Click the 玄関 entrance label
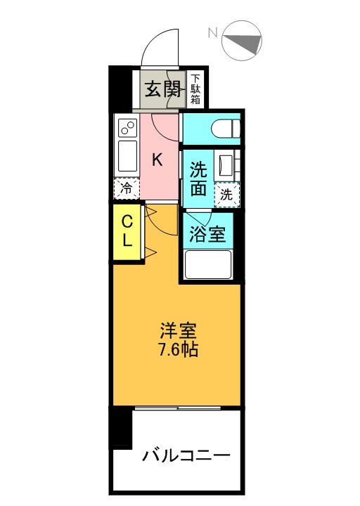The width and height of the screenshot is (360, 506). (x=162, y=89)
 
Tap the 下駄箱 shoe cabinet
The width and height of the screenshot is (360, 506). (x=195, y=89)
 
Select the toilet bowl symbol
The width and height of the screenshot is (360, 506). (x=226, y=128)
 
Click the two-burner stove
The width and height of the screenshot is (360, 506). (x=128, y=128)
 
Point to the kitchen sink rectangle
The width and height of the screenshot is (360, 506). (x=128, y=156)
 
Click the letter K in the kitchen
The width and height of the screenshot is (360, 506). (x=157, y=160)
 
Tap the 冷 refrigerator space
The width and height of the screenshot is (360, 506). (x=127, y=188)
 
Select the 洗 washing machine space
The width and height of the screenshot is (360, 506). (x=227, y=195)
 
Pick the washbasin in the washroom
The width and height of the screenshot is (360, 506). (x=226, y=166)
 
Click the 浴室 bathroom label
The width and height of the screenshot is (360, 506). (x=207, y=234)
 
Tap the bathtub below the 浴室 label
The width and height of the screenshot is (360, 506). (x=208, y=265)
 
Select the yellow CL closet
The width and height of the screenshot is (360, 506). (x=127, y=232)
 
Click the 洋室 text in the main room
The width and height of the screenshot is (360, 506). (x=178, y=331)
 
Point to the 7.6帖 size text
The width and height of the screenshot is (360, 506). (x=178, y=349)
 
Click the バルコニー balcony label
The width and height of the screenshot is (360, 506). (x=186, y=455)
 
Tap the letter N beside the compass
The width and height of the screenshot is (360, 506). (x=212, y=32)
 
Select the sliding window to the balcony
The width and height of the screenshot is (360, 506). (x=178, y=408)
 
